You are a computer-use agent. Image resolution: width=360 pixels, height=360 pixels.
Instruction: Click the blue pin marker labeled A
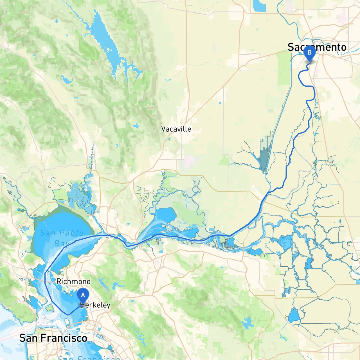[x=83, y=295]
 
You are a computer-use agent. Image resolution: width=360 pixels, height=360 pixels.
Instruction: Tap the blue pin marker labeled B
[x=309, y=53]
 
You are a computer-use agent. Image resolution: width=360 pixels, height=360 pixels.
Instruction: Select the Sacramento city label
[x=317, y=47]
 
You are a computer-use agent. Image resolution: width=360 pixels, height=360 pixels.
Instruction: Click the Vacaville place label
[x=176, y=129]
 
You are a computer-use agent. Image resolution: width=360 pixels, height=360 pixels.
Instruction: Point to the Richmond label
[x=73, y=281]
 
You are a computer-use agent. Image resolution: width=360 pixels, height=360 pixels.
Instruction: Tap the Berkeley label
[x=95, y=305]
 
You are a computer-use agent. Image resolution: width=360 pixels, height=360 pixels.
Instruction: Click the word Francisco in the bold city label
[x=64, y=338]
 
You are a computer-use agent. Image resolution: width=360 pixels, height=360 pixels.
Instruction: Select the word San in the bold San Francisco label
[x=29, y=338]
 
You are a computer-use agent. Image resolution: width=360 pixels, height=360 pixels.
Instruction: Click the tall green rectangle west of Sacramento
[x=284, y=69]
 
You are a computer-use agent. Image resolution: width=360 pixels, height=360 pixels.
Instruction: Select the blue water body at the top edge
[x=259, y=6]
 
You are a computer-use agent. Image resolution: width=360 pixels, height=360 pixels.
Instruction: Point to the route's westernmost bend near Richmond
[x=45, y=273]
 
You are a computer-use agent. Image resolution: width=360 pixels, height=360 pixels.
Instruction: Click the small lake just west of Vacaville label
[x=136, y=126]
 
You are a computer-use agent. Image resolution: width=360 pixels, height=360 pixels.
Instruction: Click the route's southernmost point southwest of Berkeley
[x=68, y=314]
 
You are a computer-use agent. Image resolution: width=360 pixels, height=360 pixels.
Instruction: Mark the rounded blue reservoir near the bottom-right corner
[x=294, y=316]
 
